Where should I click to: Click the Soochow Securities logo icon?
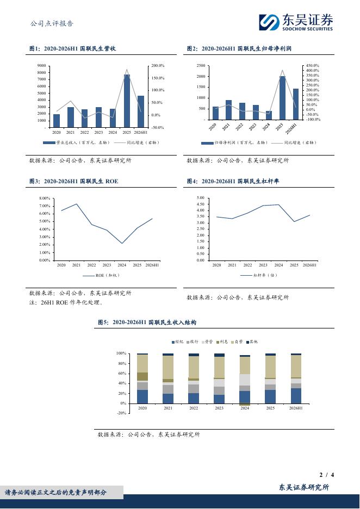point(269,22)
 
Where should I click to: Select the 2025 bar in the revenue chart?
point(127,101)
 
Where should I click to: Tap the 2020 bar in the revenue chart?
point(57,121)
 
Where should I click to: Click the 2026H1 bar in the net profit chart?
point(296,104)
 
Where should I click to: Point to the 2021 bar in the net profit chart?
point(228,110)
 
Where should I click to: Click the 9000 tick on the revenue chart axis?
point(41,66)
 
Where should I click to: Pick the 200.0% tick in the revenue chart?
point(158,66)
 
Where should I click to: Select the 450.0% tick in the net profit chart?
point(313,66)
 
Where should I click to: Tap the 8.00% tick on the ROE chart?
point(45,198)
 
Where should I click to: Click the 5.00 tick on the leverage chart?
point(200,198)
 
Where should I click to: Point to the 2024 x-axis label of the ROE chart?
point(122,265)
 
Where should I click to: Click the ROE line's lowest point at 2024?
point(122,243)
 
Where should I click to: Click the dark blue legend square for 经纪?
point(173,342)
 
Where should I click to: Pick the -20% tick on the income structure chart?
point(121,413)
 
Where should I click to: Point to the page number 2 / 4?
point(327,475)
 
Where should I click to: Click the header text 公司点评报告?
point(52,23)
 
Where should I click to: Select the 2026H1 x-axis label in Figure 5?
point(296,408)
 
